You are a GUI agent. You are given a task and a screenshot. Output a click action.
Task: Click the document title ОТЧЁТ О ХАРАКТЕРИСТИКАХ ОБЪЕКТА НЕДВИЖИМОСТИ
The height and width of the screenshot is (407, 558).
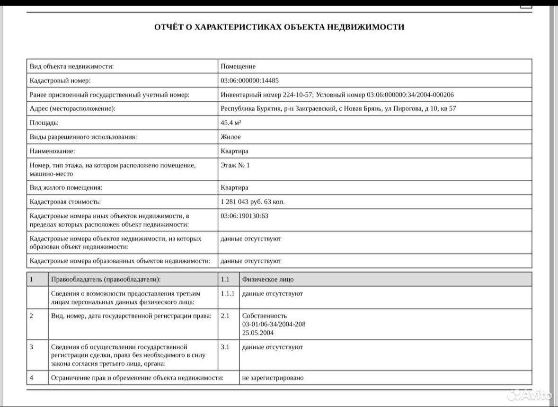coord(279,27)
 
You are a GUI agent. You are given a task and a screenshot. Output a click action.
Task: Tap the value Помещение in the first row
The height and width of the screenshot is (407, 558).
coord(238,66)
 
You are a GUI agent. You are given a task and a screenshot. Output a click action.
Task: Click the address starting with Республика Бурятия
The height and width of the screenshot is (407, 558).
coord(338,108)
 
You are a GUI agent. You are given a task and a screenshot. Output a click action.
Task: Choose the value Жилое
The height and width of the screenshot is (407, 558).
coord(230,137)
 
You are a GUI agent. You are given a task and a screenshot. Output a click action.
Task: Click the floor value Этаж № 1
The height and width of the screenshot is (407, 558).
coord(235,165)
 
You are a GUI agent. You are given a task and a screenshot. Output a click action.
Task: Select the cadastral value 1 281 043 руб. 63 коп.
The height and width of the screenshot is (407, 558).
coord(253,202)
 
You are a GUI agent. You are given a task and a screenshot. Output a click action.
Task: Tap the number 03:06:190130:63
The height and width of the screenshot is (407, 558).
coord(244,216)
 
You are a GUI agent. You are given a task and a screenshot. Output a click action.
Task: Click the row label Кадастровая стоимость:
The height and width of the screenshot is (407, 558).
coord(65,202)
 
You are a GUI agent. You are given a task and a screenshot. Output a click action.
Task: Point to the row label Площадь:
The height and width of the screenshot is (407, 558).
coord(44,123)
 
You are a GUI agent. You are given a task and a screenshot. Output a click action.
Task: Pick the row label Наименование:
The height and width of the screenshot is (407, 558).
coord(52,151)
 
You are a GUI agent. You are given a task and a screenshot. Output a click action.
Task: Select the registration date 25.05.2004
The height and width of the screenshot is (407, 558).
coord(257,333)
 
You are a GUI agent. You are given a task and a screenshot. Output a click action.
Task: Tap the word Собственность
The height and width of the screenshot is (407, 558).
coord(264,316)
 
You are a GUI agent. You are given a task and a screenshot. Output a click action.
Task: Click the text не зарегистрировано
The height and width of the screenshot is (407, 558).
coord(273,378)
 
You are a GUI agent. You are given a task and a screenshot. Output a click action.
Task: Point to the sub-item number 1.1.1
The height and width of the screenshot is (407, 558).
coord(228,293)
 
